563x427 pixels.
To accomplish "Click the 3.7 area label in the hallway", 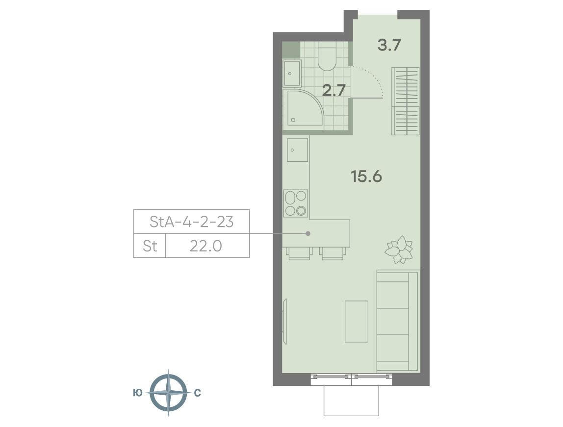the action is coord(389,45).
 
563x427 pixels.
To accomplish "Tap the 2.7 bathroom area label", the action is coord(333,90).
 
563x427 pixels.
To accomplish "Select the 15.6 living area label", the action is coord(366,176).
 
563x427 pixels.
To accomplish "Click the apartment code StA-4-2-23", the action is coord(191,222).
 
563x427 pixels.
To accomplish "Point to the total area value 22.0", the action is coord(206,246).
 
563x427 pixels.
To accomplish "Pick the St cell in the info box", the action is coord(150,246).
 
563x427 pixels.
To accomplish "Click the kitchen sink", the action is coord(297,150).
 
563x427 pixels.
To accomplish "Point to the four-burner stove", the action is coord(296,203).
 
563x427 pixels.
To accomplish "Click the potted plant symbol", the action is coord(399,250).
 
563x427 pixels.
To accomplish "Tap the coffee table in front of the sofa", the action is coord(357,322).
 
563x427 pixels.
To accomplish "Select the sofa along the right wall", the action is coord(398,321).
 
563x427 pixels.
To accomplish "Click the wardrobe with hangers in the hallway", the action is coord(405,101).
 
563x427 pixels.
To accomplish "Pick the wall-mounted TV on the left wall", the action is coord(285,322).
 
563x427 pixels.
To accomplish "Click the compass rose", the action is coord(168,393).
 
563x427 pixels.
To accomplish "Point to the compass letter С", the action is coord(197,393).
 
